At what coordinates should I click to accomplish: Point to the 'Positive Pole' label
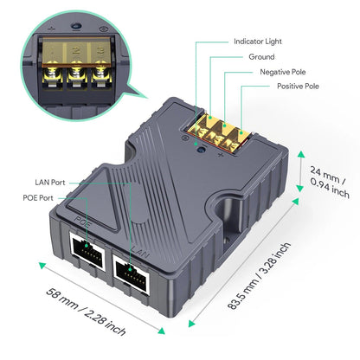(x=298, y=87)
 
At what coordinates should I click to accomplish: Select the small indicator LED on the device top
(x=202, y=150)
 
